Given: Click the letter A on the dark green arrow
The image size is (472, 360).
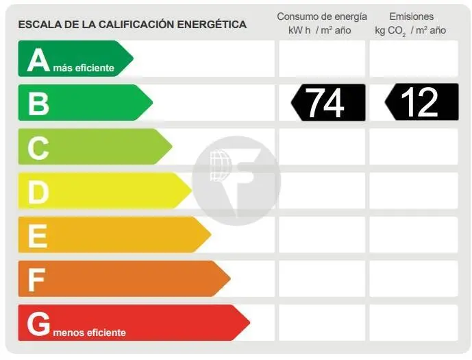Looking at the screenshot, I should pos(38,60).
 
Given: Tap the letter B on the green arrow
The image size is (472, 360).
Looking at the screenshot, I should pos(38,103).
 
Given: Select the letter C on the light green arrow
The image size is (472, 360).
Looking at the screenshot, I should pos(38,147).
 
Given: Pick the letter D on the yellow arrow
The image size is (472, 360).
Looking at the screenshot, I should pos(38,192).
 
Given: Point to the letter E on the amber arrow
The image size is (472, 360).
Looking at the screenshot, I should pos(38,236).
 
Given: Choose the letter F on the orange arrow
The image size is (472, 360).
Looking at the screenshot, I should pos(37,280).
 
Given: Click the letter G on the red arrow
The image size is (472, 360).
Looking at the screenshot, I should pos(39,323).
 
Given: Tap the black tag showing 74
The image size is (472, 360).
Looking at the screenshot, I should pos(327,102).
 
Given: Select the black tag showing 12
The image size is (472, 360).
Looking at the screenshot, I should pos(421,102).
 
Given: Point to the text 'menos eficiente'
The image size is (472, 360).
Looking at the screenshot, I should pos(89,333).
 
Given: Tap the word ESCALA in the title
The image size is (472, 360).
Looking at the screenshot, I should pos(38,25).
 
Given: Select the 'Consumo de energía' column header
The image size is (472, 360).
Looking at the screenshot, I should pos(321,16).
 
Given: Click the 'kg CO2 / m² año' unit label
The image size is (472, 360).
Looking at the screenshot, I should pos(410,30).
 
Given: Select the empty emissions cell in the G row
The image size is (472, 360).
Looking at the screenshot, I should pos(413,322).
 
